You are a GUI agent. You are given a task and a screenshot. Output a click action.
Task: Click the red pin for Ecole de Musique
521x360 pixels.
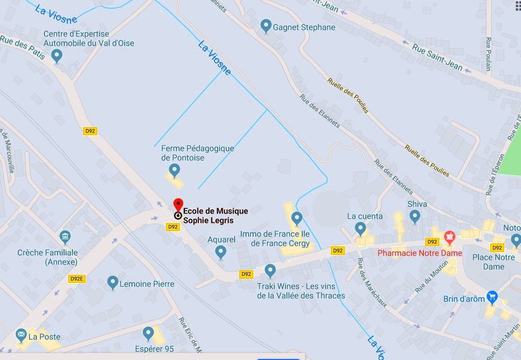pos(178,205)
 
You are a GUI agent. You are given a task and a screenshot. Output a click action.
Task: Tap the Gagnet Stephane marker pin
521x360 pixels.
pos(266,26)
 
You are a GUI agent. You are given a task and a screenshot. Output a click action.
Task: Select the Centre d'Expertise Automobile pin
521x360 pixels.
pos(57,56)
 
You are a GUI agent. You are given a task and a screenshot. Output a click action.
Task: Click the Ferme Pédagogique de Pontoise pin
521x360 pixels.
pos(174,170)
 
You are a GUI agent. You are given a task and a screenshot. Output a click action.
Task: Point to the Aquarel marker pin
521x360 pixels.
pos(221,252)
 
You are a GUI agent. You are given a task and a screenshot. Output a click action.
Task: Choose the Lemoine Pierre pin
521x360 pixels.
pos(112,282)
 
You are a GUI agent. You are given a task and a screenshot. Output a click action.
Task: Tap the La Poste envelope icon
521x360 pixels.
pos(21,335)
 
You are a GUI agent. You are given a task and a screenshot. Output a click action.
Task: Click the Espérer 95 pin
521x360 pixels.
pos(148,333)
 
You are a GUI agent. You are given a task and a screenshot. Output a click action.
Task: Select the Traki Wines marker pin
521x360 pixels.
pos(270,270)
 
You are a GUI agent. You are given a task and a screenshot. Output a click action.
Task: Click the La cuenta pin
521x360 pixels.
pos(360,228)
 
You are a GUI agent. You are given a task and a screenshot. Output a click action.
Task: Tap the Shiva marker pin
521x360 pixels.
pos(414,216)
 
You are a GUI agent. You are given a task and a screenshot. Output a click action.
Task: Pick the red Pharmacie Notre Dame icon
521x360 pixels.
pos(450,237)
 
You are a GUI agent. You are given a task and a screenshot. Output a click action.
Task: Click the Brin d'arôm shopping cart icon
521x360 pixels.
pos(492,297)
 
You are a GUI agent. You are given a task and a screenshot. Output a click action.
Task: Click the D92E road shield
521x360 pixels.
pos(76,279)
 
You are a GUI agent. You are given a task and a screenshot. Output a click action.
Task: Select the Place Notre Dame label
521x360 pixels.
pos(493,262)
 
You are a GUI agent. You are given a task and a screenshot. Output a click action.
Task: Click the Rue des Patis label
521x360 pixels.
pos(22,48)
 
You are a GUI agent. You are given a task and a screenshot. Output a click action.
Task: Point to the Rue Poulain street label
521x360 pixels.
pos(488,54)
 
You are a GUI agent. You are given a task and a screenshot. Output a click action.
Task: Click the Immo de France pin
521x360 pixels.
pos(296,218)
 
